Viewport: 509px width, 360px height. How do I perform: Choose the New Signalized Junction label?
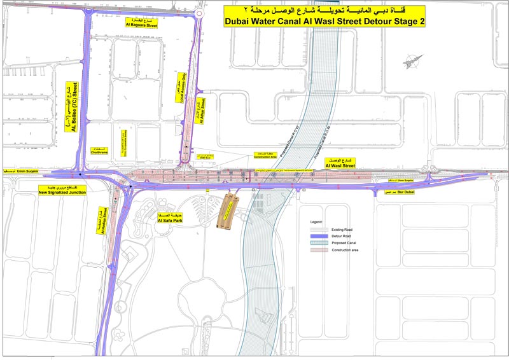(x=62, y=190)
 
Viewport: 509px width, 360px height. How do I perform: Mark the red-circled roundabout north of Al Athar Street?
(x=200, y=12)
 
